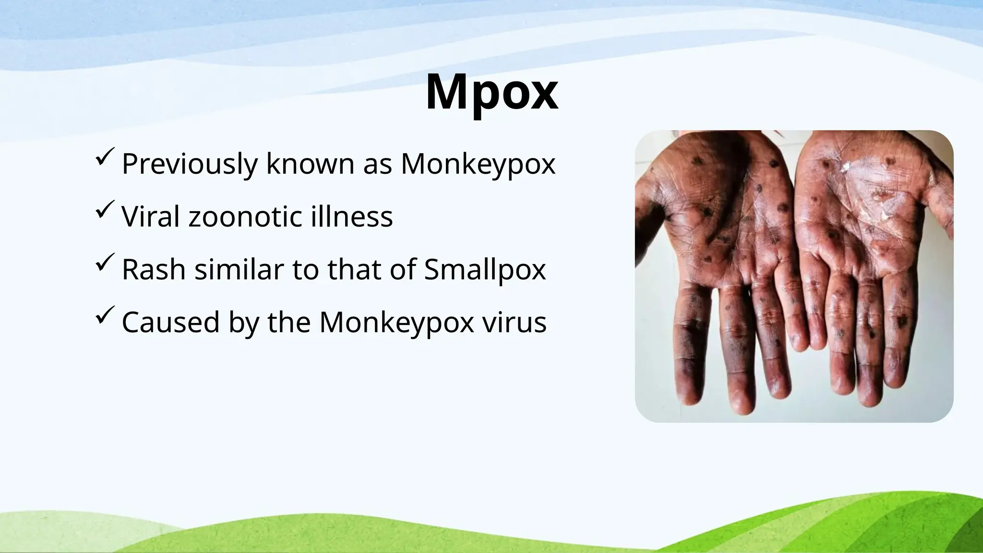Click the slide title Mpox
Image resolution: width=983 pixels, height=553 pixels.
pyautogui.click(x=491, y=92)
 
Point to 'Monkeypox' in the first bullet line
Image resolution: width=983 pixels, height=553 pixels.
pyautogui.click(x=478, y=164)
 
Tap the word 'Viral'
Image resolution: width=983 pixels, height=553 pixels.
pyautogui.click(x=151, y=217)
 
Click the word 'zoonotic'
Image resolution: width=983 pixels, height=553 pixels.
pyautogui.click(x=245, y=217)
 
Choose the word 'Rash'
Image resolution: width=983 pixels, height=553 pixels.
pyautogui.click(x=154, y=270)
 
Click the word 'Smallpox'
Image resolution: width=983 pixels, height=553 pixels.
pyautogui.click(x=485, y=270)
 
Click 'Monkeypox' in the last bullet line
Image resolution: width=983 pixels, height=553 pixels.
pyautogui.click(x=396, y=323)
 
